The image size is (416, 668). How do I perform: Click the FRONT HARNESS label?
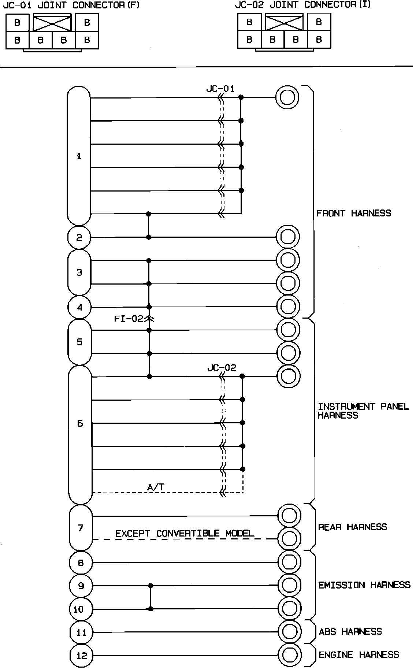(353, 213)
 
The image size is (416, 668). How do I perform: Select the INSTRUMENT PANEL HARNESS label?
(363, 411)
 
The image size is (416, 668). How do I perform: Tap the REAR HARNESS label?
(352, 527)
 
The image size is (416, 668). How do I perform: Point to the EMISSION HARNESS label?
(364, 585)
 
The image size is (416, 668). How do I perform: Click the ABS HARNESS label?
(350, 631)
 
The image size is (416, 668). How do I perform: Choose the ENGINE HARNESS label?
(359, 655)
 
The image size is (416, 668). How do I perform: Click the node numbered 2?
(79, 238)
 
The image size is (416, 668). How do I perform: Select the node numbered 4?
(79, 307)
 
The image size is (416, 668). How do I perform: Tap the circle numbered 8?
(81, 563)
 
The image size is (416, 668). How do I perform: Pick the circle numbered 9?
(81, 586)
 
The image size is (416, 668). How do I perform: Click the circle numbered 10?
(79, 609)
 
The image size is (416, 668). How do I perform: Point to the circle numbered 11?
(81, 632)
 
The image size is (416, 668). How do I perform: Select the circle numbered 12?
(81, 656)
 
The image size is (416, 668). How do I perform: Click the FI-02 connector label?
(129, 319)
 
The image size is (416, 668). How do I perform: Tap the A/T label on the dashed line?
(155, 487)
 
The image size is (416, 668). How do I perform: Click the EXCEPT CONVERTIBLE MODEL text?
(185, 533)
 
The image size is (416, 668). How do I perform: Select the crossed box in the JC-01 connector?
(52, 23)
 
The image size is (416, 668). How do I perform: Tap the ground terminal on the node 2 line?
(287, 237)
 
